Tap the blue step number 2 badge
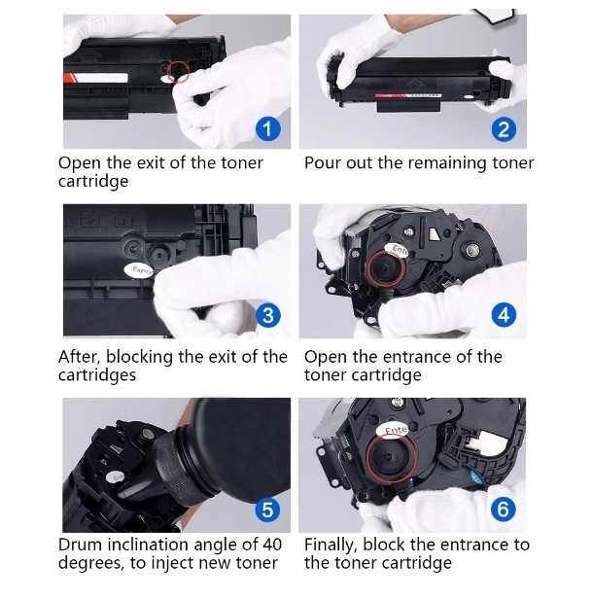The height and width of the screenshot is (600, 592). [x=504, y=129]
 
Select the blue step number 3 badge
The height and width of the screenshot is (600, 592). [x=269, y=315]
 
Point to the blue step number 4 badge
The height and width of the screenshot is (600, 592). [x=504, y=315]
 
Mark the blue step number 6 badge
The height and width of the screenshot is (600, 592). [x=504, y=509]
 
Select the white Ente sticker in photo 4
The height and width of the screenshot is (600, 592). [x=397, y=249]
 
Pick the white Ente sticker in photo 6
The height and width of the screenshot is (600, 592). [x=396, y=429]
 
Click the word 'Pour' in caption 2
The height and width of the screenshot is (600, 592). [x=322, y=163]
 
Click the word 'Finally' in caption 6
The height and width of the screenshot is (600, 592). [x=332, y=545]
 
